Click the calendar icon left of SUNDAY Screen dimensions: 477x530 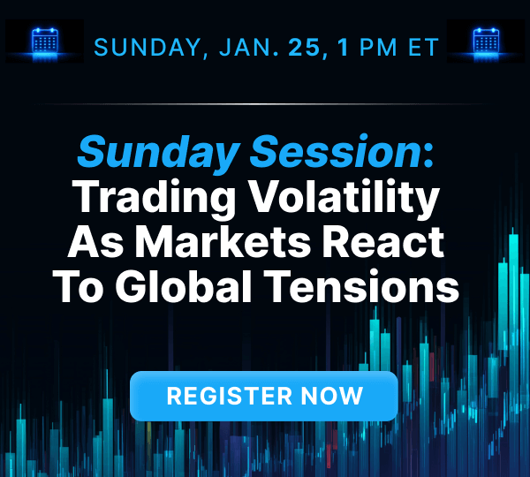(x=44, y=42)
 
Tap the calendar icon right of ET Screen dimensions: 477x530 (x=486, y=42)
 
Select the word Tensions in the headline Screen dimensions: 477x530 (x=380, y=287)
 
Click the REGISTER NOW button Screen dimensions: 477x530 (x=264, y=396)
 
